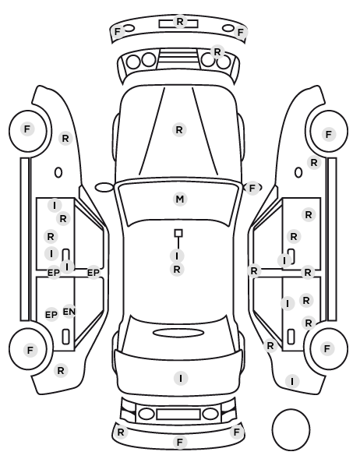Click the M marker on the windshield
(180, 199)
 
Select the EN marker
(69, 312)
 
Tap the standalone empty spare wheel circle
(291, 429)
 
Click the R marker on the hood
(179, 130)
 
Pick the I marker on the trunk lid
(181, 378)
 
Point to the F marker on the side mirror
(252, 188)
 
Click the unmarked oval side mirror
(104, 188)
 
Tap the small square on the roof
(178, 233)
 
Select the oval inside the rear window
(178, 333)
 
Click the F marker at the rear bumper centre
(179, 442)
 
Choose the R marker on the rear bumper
(121, 432)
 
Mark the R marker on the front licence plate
(180, 21)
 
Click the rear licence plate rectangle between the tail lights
(178, 415)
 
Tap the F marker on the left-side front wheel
(27, 129)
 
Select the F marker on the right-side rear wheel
(327, 348)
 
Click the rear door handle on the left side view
(65, 337)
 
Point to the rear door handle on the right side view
(291, 337)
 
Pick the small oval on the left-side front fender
(58, 172)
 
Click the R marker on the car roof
(177, 270)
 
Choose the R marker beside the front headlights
(217, 52)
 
